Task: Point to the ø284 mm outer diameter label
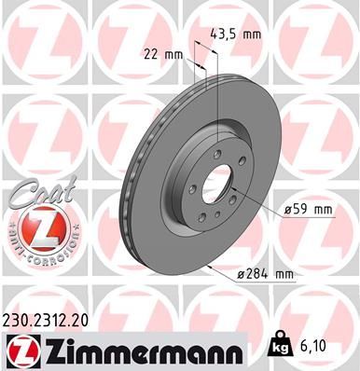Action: [268, 274]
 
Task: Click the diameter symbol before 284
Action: [242, 274]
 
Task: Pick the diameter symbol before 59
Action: [287, 209]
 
